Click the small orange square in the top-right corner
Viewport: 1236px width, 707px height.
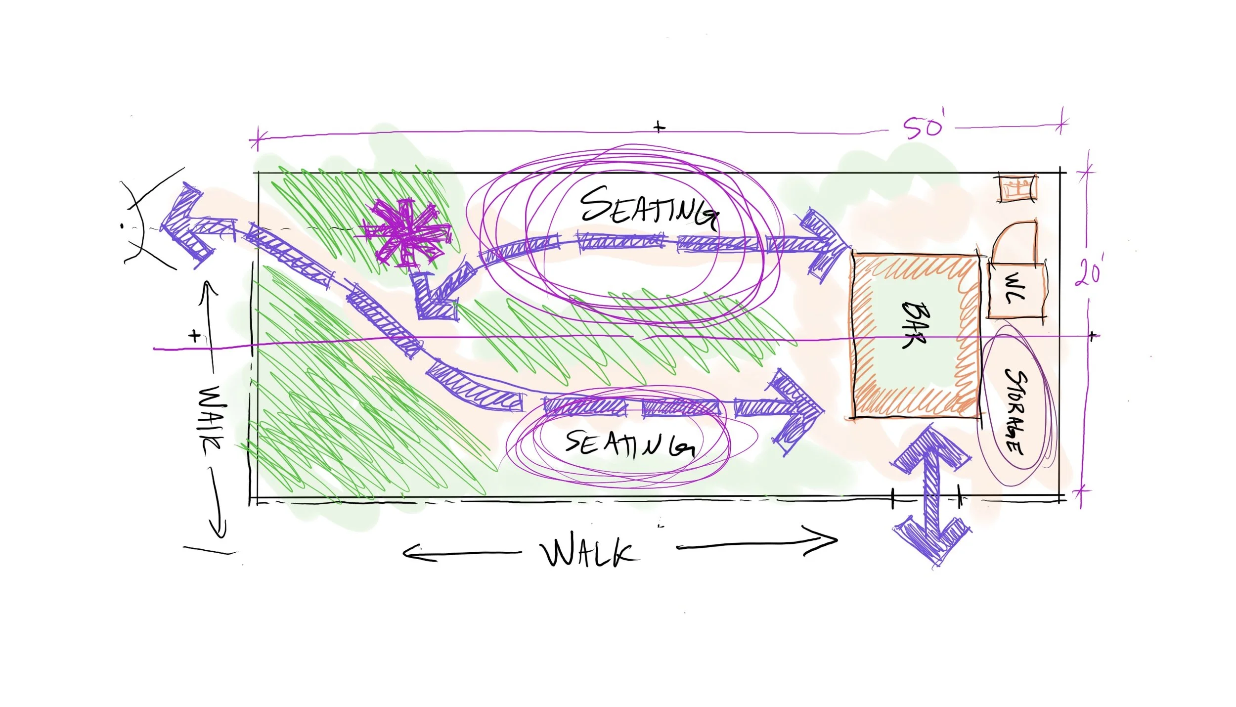point(1017,188)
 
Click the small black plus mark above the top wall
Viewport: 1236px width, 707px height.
point(659,127)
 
